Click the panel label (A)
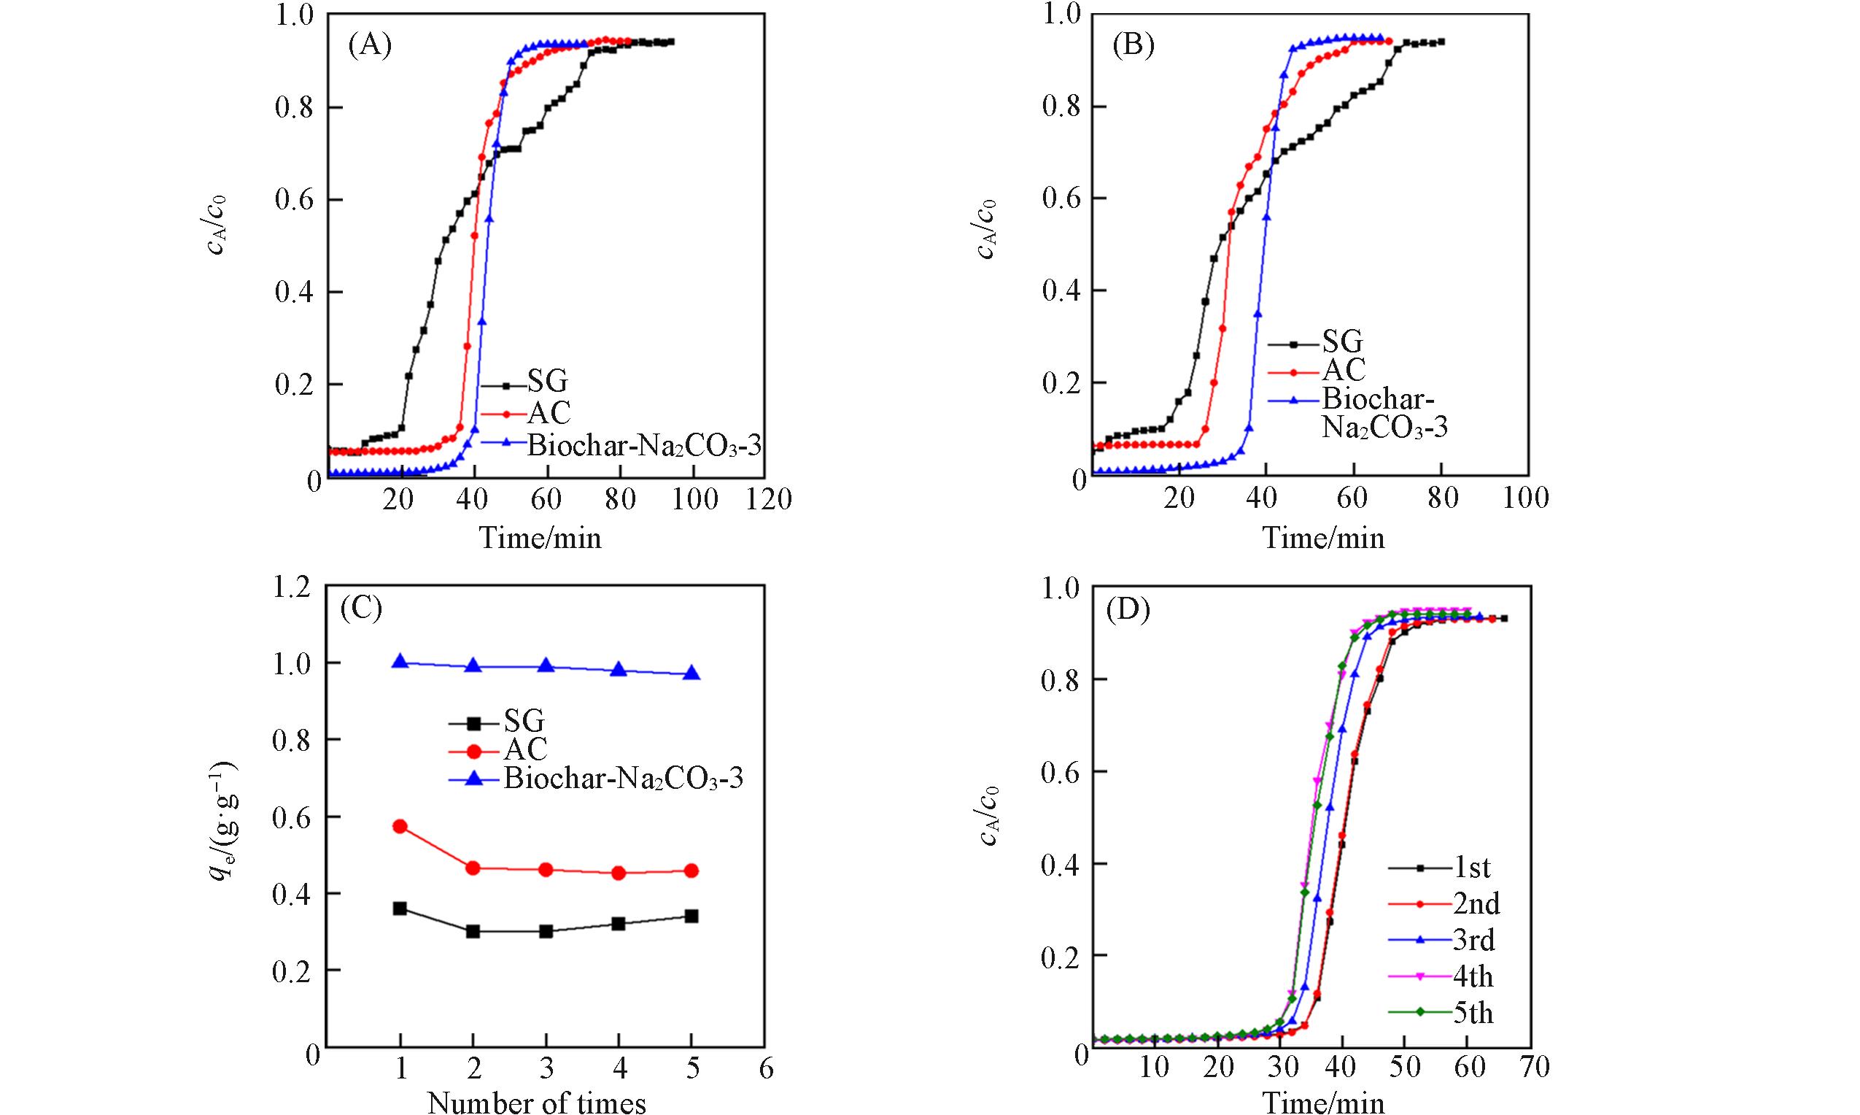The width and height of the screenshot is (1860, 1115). pos(369,46)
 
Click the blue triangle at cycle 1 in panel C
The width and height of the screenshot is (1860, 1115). pos(400,662)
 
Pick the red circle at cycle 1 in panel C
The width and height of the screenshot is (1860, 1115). pos(400,827)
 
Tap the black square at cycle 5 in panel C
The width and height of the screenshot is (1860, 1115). pos(691,916)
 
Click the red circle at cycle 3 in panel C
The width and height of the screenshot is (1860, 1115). pos(546,869)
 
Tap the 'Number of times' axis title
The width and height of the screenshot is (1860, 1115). pos(536,1103)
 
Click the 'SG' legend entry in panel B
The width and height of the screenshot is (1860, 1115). pos(1342,343)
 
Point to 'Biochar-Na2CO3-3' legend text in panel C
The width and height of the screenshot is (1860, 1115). pos(623,779)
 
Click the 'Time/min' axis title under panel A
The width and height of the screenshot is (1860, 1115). pos(540,538)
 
